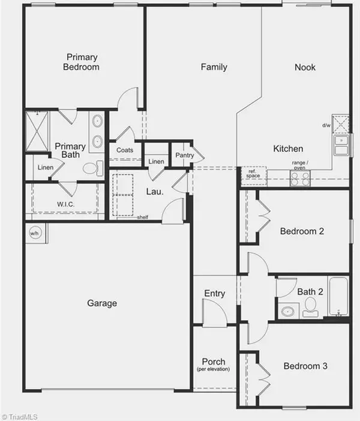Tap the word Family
(214, 67)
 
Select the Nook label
(305, 67)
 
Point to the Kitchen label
(288, 148)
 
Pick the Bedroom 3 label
(305, 366)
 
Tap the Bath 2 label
(311, 292)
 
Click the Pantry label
(184, 156)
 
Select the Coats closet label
(125, 150)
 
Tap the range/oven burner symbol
(300, 178)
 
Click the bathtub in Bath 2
(338, 297)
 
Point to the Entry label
(214, 294)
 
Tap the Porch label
(214, 362)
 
